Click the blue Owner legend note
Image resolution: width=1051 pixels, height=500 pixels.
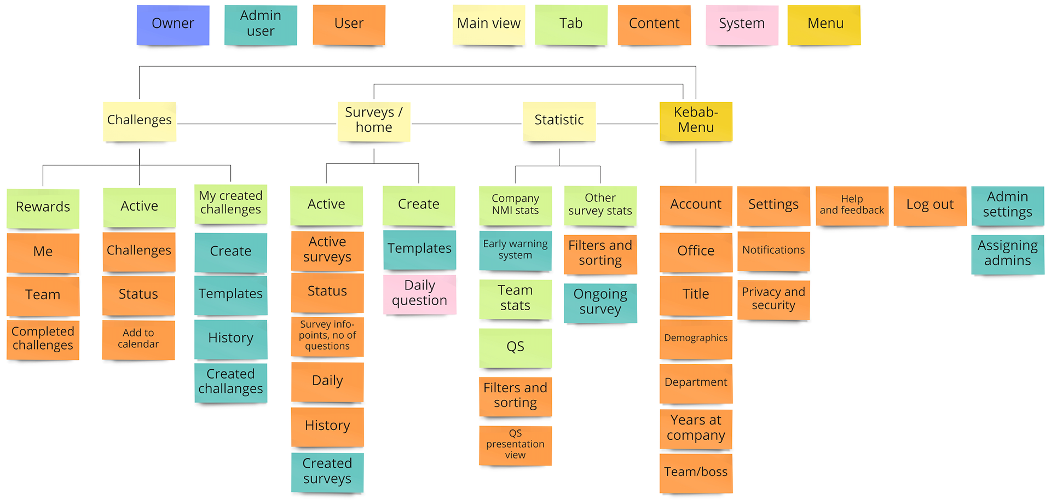click(173, 25)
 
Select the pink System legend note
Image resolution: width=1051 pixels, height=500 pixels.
click(742, 25)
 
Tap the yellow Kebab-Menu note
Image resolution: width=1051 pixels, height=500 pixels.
click(696, 121)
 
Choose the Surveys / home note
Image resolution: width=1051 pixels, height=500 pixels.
click(374, 121)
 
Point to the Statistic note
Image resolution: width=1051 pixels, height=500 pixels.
click(559, 121)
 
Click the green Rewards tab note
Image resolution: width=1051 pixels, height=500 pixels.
click(43, 208)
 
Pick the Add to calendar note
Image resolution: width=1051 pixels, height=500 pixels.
click(138, 339)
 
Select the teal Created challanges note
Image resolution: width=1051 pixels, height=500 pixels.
click(230, 382)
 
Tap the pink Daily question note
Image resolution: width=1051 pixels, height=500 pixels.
click(419, 294)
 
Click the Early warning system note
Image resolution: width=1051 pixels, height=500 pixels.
click(515, 250)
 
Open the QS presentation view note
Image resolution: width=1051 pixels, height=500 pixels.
click(515, 445)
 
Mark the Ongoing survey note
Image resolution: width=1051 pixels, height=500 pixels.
click(600, 303)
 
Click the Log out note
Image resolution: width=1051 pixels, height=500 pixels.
click(929, 205)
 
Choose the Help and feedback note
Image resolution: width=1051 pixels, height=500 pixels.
click(852, 205)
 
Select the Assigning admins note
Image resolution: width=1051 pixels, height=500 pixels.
click(1007, 254)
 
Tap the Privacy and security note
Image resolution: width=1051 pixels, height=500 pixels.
click(773, 299)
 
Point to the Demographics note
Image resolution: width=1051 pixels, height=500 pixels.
click(696, 339)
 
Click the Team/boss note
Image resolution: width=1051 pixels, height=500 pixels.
click(696, 473)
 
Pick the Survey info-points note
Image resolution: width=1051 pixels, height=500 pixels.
click(327, 336)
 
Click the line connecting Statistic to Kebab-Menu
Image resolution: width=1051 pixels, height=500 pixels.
click(627, 124)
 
